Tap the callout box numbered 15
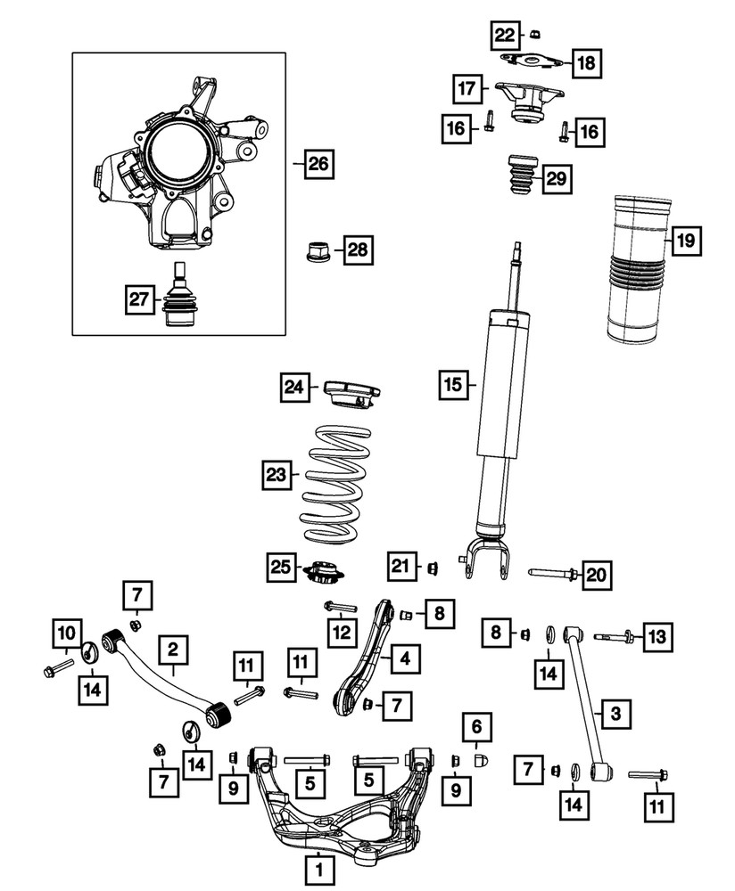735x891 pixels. [453, 385]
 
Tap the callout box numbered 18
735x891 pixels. [586, 62]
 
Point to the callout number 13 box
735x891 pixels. [656, 636]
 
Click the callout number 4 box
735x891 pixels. [404, 660]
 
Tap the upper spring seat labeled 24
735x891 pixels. [353, 392]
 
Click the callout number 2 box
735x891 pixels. [174, 652]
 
